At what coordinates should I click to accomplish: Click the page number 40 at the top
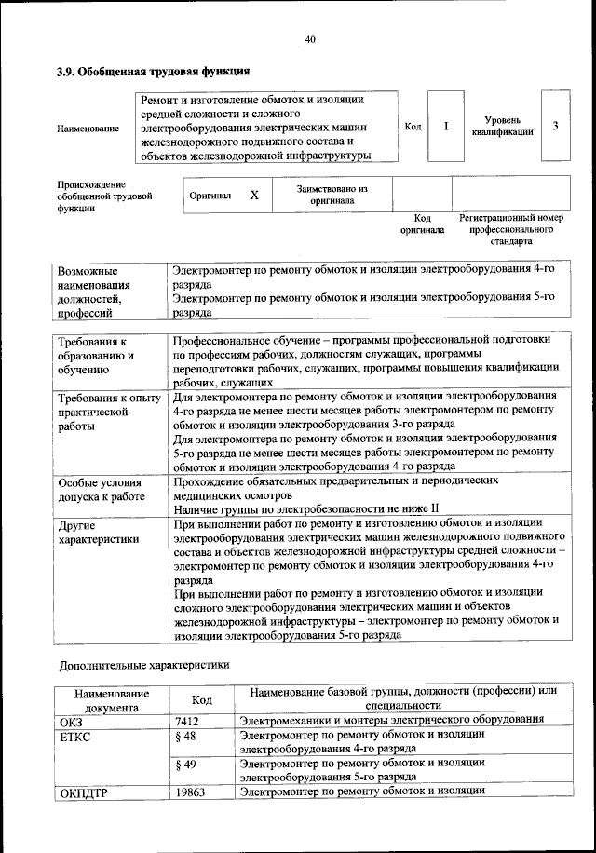pos(310,38)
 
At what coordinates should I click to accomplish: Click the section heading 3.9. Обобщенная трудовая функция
pos(154,71)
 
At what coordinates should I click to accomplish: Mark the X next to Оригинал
pos(253,196)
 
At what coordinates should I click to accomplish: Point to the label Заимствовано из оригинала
pos(332,194)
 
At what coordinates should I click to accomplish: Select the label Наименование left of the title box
pos(88,128)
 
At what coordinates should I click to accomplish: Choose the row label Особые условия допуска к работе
pos(100,491)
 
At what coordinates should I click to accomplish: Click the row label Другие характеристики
pos(99,532)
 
